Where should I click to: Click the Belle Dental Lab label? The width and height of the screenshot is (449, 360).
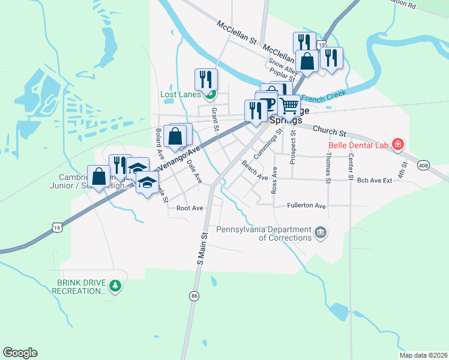[x=358, y=145]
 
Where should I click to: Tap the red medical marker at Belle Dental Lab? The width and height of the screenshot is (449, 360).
[x=397, y=144]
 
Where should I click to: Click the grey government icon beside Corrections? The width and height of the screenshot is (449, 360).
[x=321, y=232]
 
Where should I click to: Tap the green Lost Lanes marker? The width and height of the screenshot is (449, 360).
[x=210, y=94]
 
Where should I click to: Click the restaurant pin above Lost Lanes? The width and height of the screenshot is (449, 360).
[x=206, y=79]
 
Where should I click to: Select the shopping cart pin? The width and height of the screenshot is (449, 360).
[x=289, y=106]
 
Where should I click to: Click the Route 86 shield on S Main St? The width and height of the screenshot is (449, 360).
[x=194, y=296]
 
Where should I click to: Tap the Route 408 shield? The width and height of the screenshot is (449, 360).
[x=424, y=165]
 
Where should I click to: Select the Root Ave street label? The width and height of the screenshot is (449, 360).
[x=190, y=208]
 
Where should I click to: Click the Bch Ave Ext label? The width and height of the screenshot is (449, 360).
[x=374, y=180]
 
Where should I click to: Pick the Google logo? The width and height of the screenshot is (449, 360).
[x=20, y=353]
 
